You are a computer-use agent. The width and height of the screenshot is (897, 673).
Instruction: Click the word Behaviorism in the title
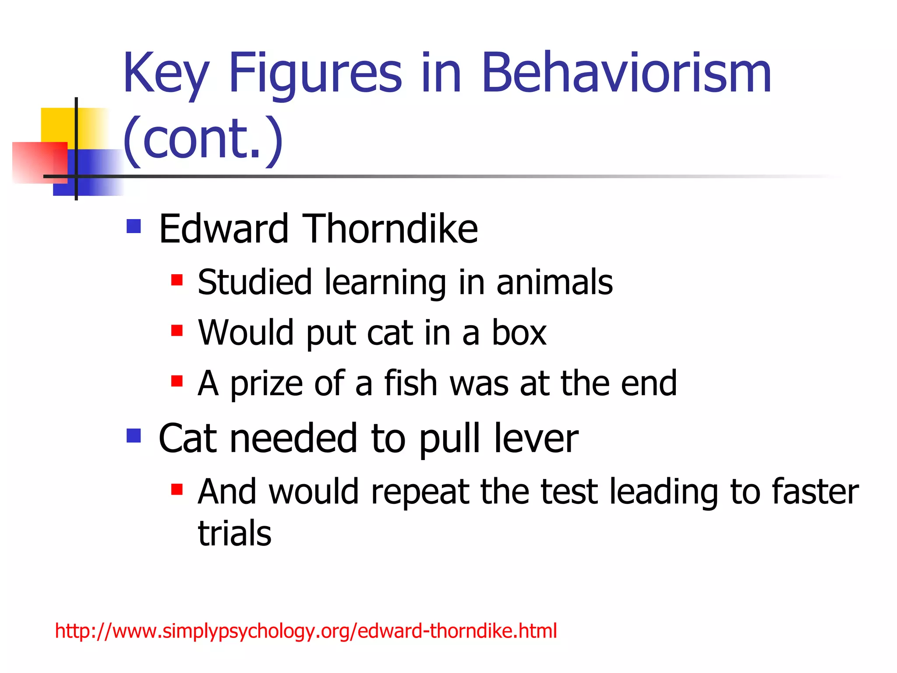pos(626,73)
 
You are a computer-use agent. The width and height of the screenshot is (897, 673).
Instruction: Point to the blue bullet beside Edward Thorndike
pos(134,226)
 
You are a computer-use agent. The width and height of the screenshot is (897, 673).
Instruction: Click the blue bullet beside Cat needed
pos(134,436)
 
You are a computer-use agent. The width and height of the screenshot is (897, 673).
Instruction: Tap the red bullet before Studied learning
pos(177,280)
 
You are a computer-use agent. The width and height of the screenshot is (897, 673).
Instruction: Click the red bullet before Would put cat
pos(177,330)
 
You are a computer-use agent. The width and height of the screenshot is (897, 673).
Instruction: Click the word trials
pos(235,534)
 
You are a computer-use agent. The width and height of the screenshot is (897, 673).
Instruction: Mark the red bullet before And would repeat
pos(177,489)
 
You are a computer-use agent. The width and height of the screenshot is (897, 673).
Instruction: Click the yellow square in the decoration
pos(57,125)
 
